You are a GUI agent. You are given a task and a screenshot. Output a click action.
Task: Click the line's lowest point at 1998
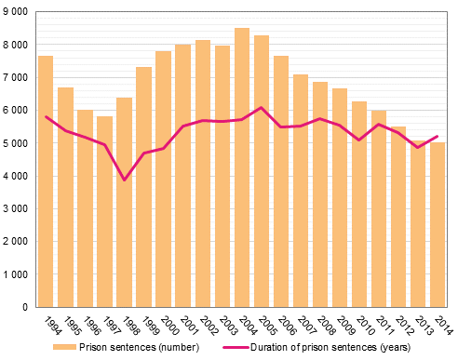[x=124, y=180]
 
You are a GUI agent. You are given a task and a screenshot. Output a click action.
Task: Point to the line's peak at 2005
[x=262, y=108]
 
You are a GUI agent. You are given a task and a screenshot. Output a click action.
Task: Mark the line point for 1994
[x=46, y=116]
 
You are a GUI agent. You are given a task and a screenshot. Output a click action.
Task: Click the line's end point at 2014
[x=438, y=136]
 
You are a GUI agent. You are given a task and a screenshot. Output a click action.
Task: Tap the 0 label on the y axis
[x=26, y=307]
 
